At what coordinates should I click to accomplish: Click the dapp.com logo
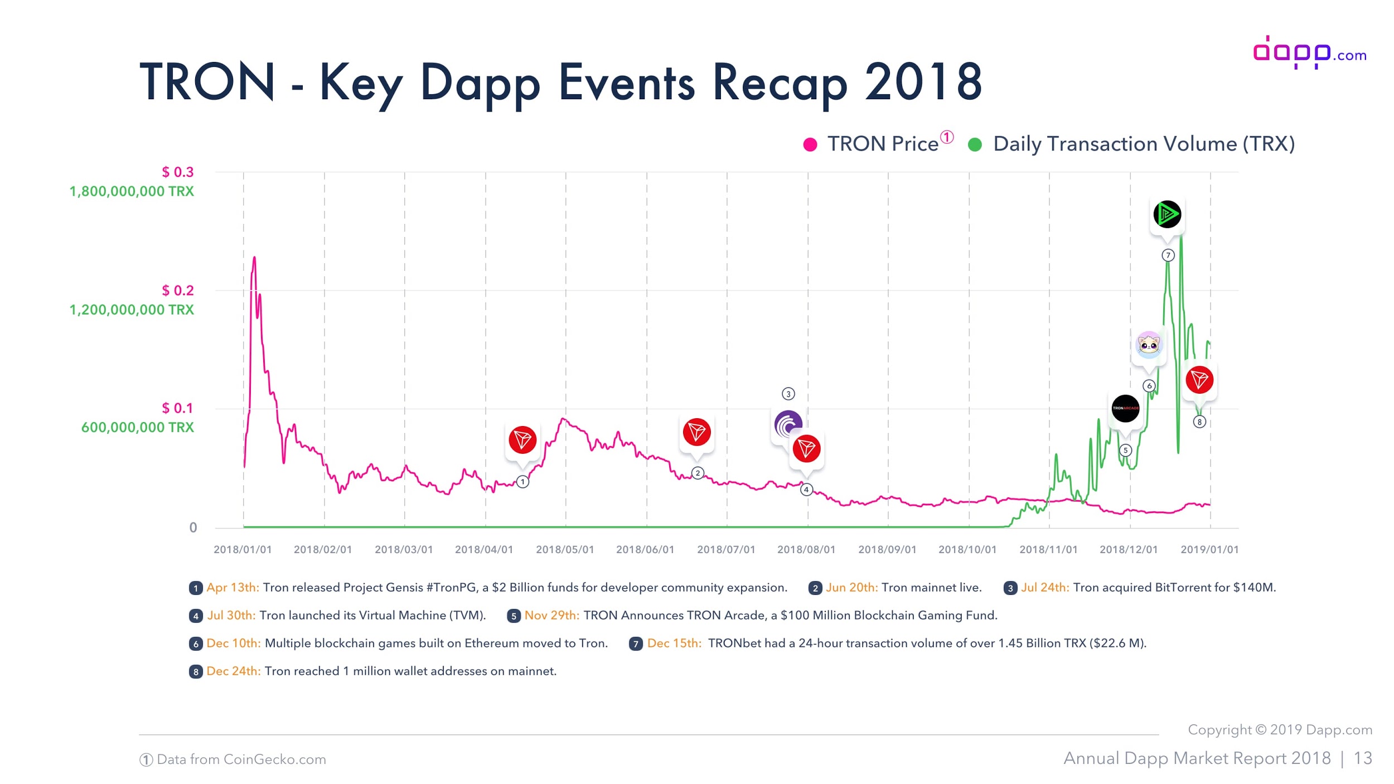1309,53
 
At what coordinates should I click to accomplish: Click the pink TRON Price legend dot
810,145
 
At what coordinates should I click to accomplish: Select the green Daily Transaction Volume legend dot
975,145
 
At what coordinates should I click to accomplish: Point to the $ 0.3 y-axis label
177,172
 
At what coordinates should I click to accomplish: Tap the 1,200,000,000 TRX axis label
132,309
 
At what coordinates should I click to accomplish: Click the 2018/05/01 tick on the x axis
565,549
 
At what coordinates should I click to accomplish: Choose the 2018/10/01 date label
967,549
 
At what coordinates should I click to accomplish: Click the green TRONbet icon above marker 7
1166,214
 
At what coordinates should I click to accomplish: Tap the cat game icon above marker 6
1149,345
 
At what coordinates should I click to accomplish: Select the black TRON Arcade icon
1125,408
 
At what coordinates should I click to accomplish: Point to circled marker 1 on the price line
522,482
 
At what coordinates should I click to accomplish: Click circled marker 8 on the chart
1199,422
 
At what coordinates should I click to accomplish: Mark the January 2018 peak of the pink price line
254,258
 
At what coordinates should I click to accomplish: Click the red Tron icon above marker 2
696,432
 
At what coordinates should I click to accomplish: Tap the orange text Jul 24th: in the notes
1044,588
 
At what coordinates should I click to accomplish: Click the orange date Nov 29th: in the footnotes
551,616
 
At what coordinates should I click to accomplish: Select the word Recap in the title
780,83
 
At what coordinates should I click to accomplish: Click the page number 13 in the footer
1363,758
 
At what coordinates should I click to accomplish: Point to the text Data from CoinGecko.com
241,759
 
